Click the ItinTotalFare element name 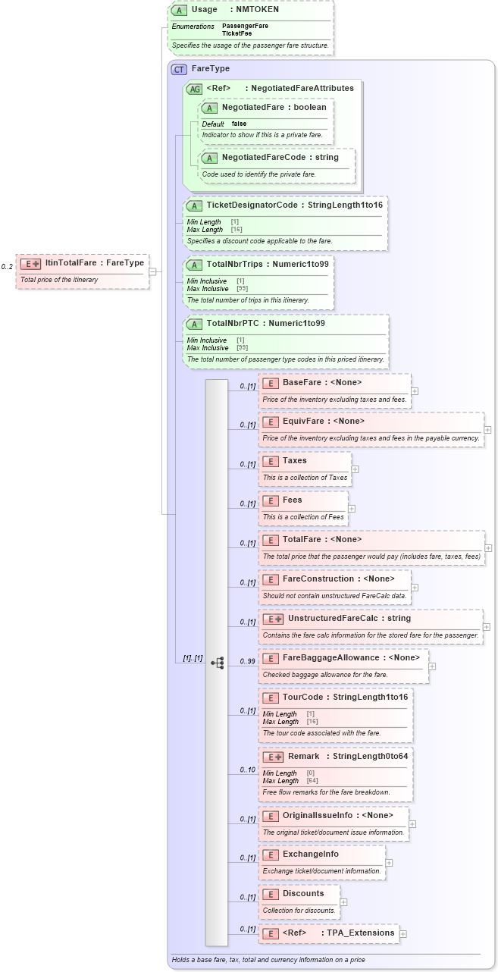(70, 263)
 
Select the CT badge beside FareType (179, 69)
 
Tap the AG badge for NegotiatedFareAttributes (194, 89)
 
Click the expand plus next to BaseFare (414, 391)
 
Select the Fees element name (292, 500)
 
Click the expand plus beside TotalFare (487, 547)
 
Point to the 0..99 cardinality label (247, 662)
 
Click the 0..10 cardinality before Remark (247, 770)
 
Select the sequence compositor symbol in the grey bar (218, 663)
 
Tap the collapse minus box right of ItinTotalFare (152, 271)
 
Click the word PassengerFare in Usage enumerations (245, 26)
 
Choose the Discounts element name (302, 893)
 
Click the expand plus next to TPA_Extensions (402, 934)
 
